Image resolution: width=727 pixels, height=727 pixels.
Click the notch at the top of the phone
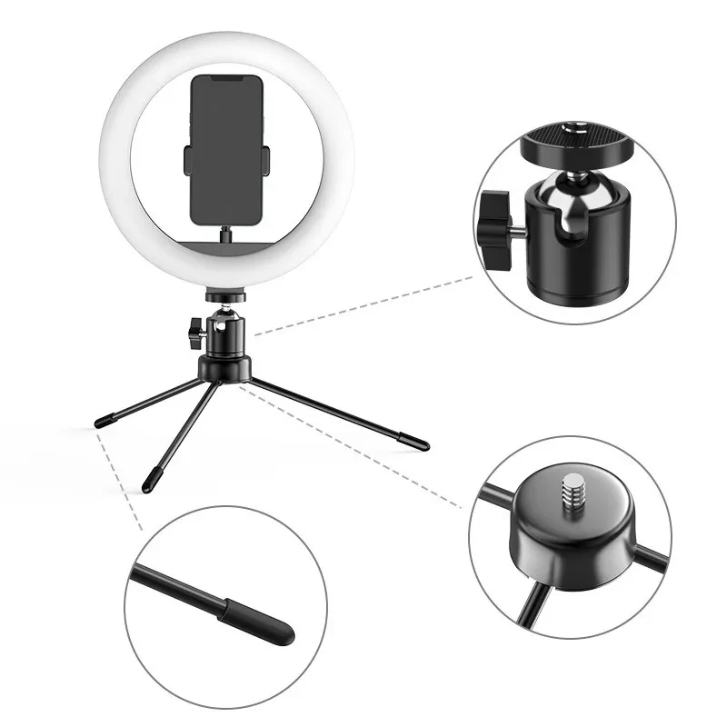(x=227, y=79)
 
